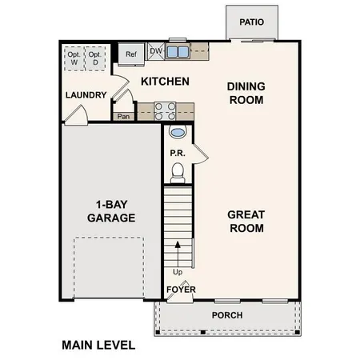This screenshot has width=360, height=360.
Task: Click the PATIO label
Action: [251, 22]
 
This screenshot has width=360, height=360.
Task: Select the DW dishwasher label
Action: [155, 51]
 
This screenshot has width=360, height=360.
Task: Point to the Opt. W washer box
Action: [74, 58]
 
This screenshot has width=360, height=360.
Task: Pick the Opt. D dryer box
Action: [95, 58]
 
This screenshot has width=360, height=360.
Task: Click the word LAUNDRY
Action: [86, 95]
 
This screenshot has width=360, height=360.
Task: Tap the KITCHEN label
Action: [165, 82]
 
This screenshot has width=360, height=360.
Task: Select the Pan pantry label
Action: [123, 117]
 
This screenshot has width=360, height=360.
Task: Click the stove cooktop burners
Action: [164, 110]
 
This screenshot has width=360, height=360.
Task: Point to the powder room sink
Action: [178, 133]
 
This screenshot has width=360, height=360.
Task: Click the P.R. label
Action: [178, 153]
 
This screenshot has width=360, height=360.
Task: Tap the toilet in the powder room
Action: [178, 171]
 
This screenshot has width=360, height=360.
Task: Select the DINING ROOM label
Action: [246, 93]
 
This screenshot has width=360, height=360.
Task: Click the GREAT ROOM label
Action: [246, 221]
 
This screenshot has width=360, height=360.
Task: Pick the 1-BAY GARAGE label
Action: [111, 210]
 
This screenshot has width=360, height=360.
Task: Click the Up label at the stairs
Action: [178, 271]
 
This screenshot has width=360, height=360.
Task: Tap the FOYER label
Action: [178, 290]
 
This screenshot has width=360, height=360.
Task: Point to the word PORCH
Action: [226, 315]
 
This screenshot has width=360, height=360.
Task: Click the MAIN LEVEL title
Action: [98, 346]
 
